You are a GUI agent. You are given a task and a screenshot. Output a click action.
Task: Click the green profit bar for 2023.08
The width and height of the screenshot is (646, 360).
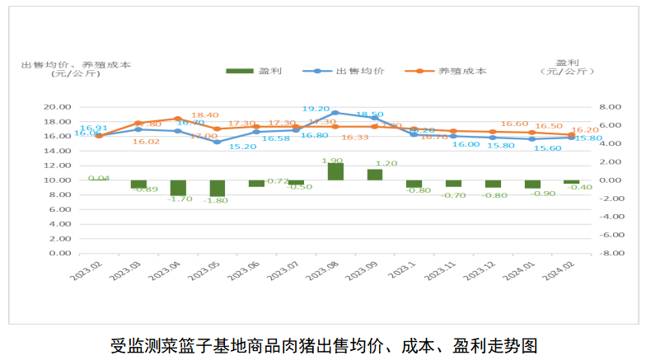(x=335, y=171)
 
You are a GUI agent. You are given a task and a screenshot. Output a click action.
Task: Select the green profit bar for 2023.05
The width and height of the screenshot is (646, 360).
(x=218, y=188)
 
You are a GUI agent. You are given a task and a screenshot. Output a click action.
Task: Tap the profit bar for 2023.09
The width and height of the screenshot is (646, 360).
(x=375, y=175)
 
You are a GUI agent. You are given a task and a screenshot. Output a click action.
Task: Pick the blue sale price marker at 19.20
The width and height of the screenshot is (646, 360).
(x=335, y=113)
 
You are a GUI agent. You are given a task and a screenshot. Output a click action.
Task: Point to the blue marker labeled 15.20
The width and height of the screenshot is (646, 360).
(x=218, y=142)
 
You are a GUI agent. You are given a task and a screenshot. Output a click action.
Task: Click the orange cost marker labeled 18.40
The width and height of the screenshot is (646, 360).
(x=178, y=119)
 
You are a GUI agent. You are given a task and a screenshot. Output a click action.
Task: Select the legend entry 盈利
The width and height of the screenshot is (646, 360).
(x=255, y=71)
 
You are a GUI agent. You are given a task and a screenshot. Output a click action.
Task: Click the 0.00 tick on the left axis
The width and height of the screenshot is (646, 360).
(x=59, y=254)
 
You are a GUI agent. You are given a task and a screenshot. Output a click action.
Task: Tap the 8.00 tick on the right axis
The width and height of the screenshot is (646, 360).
(x=608, y=107)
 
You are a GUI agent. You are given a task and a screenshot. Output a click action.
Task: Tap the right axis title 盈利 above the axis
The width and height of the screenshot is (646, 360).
(x=567, y=62)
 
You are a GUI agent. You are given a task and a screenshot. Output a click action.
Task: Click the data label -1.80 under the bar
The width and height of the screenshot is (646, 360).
(x=218, y=201)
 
